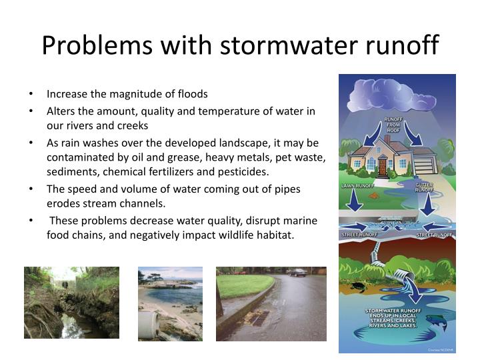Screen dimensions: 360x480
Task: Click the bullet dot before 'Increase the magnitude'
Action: [32, 94]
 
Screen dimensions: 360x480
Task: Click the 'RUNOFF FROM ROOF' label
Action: [393, 125]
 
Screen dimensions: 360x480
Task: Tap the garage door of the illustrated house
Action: [424, 165]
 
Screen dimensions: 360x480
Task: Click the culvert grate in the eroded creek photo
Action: [64, 283]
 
